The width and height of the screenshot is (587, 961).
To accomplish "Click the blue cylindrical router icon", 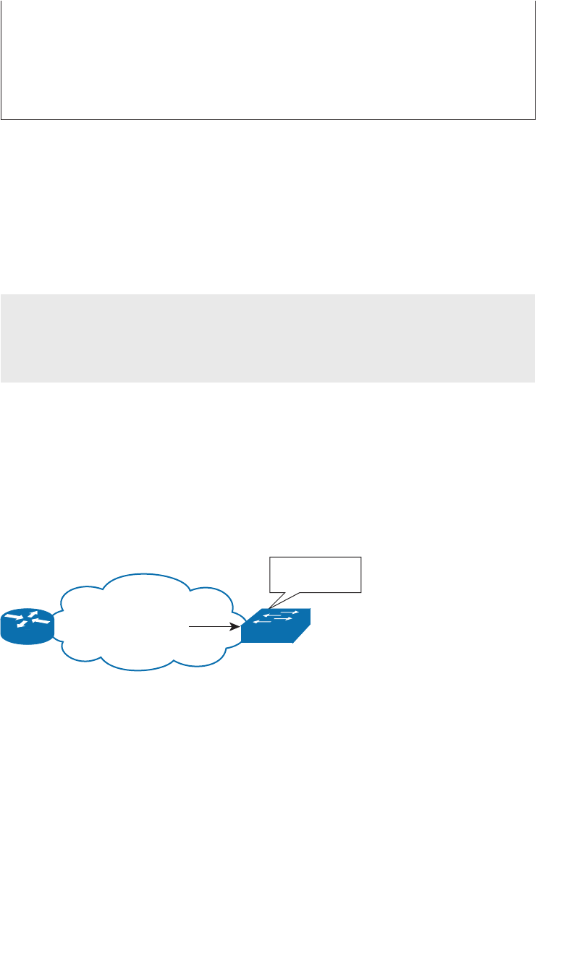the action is click(28, 626).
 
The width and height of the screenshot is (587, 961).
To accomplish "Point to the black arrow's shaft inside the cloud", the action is click(210, 626).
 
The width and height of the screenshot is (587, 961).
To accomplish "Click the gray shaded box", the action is click(268, 338).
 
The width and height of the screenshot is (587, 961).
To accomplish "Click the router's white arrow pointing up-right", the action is click(33, 614).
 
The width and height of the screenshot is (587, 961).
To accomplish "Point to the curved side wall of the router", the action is click(28, 636).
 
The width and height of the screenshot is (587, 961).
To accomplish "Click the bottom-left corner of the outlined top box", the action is click(1, 119).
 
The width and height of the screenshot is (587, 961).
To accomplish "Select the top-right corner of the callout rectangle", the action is click(360, 558).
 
